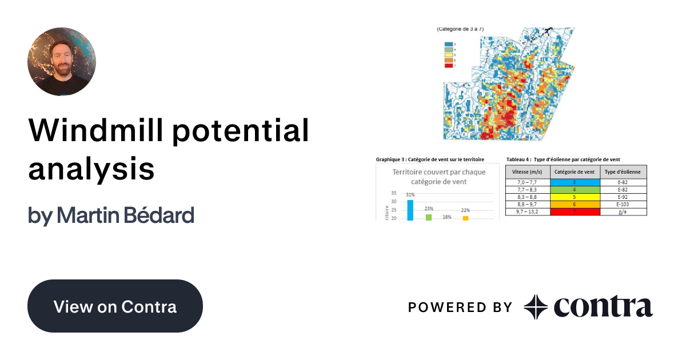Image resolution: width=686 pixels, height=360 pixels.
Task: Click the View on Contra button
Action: click(115, 306)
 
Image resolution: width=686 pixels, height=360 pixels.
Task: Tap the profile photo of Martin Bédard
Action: click(62, 62)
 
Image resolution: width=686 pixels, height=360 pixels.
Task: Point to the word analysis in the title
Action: click(91, 170)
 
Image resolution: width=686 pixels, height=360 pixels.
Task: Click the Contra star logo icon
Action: click(536, 307)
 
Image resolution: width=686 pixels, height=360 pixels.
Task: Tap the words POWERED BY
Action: click(460, 307)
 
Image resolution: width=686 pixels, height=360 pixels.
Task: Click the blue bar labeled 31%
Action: click(410, 210)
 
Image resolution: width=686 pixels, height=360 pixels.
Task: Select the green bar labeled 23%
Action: click(429, 217)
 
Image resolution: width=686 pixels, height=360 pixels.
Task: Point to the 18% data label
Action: click(447, 217)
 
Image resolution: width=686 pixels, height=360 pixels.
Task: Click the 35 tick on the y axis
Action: click(394, 193)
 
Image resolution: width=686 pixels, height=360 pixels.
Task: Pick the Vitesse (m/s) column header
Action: click(527, 172)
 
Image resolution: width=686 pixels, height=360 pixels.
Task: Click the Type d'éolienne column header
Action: click(623, 172)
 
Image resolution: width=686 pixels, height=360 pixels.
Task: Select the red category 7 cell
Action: click(575, 211)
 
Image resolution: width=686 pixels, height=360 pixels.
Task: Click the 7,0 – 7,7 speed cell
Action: click(527, 182)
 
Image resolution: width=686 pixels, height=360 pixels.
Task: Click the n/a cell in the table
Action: click(623, 211)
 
